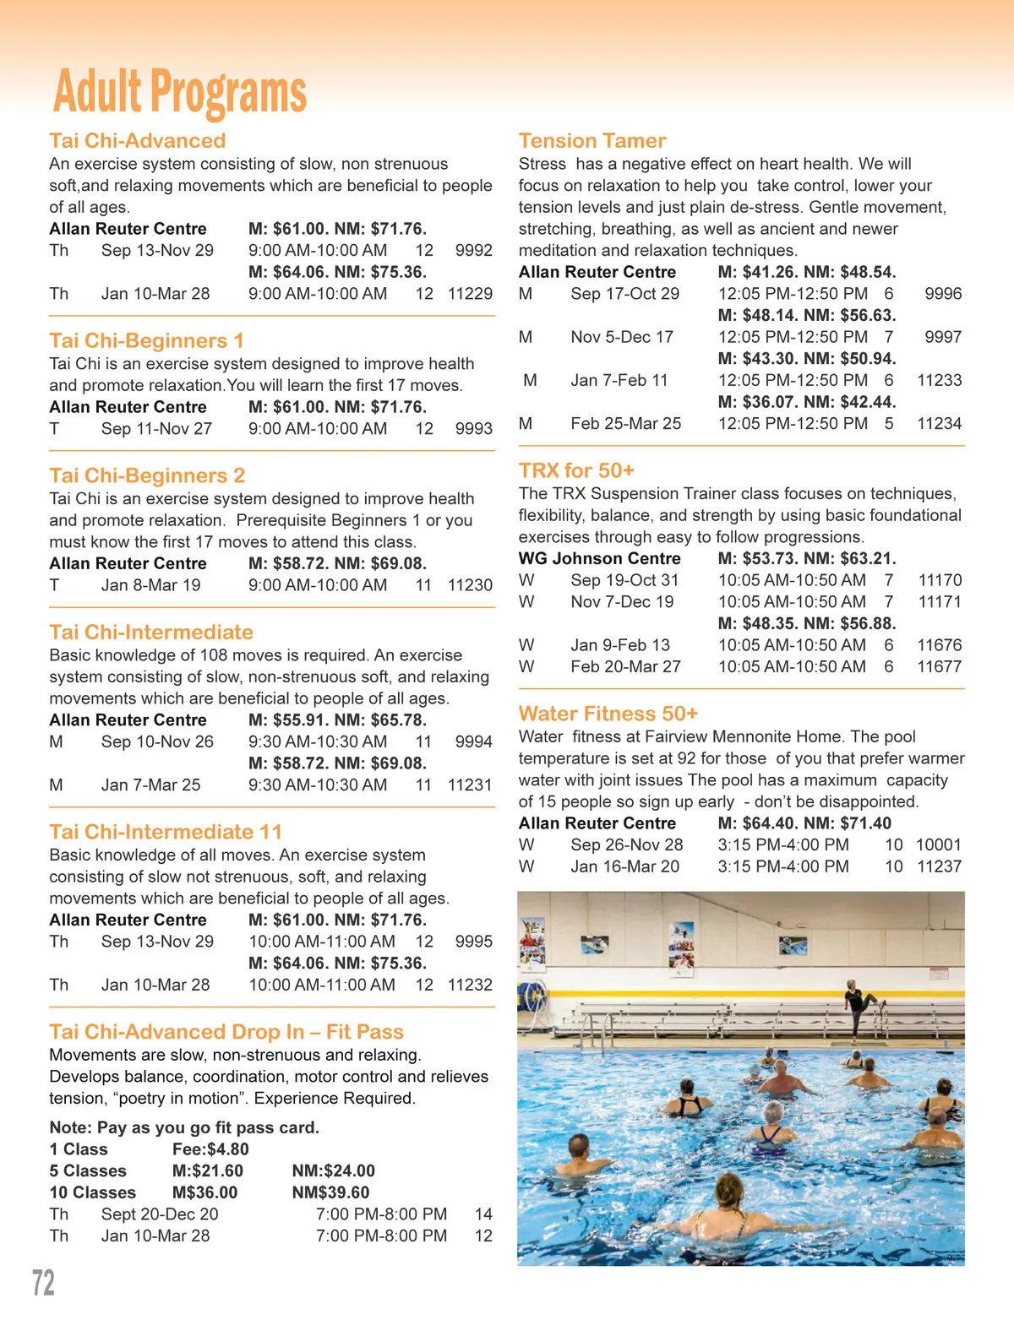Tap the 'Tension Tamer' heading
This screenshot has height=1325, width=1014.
point(591,141)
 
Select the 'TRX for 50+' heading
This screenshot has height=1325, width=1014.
point(576,470)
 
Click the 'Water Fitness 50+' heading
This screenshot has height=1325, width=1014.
point(608,714)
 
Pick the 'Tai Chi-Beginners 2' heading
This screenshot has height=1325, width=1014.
point(147,475)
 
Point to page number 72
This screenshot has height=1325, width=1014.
point(43,1283)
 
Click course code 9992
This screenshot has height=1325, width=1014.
point(473,251)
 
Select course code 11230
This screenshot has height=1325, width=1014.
point(470,585)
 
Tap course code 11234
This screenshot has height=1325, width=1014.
point(939,424)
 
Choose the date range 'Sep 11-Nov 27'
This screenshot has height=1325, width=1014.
point(156,429)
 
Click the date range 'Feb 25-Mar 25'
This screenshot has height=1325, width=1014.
point(625,424)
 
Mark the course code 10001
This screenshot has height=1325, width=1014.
point(938,844)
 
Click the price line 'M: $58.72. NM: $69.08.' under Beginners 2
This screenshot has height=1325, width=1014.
point(337,563)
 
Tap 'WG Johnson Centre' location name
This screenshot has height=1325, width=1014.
point(599,558)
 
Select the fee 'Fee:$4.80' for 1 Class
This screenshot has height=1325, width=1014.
point(210,1149)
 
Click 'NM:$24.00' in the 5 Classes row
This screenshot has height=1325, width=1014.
point(333,1171)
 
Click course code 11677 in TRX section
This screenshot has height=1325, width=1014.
point(939,667)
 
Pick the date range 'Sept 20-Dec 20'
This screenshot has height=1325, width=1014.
point(160,1214)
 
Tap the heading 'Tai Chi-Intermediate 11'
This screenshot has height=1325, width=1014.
point(166,832)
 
